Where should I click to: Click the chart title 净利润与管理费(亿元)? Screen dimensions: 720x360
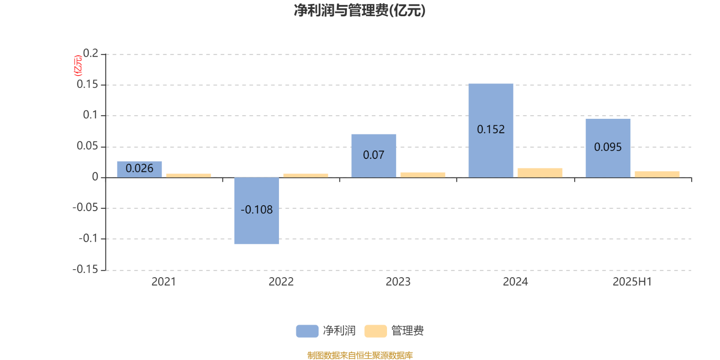click(x=360, y=10)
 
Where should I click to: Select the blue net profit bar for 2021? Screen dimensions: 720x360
click(x=139, y=169)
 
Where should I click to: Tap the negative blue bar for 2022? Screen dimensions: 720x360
click(x=256, y=211)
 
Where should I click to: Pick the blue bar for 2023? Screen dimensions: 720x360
click(x=374, y=156)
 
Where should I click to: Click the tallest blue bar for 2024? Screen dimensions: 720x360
click(x=491, y=130)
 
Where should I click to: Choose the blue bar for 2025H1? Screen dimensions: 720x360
click(x=608, y=148)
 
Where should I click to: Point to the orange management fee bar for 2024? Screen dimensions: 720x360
click(x=540, y=173)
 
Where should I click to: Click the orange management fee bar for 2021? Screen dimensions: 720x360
click(x=189, y=175)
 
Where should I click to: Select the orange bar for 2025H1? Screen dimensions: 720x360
click(x=657, y=174)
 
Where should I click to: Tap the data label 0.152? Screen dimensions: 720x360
click(x=491, y=129)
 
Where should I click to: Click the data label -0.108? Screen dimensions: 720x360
click(x=256, y=210)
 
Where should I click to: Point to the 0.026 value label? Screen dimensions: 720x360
click(x=139, y=168)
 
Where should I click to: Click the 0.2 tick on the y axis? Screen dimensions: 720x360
click(x=90, y=53)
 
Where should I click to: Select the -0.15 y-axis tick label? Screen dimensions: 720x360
click(x=85, y=269)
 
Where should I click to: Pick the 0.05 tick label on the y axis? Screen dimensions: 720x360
click(x=87, y=146)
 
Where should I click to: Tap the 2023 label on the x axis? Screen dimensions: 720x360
click(x=398, y=282)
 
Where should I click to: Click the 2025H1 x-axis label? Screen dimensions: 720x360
click(x=632, y=282)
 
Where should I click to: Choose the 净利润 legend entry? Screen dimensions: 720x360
click(x=326, y=331)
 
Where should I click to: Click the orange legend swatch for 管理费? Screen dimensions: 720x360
click(x=375, y=331)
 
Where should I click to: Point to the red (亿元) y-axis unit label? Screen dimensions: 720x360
click(x=78, y=66)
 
